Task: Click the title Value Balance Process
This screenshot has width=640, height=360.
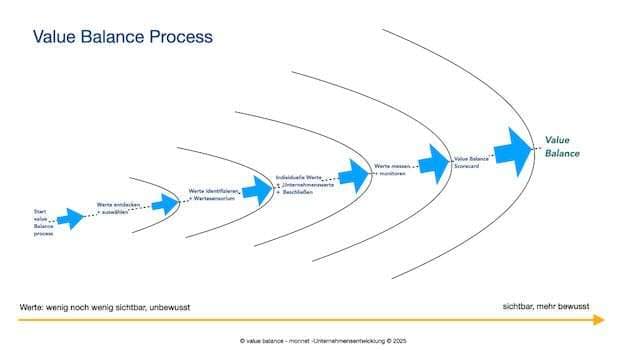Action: pos(122,37)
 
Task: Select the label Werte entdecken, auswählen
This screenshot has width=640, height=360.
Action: pos(115,208)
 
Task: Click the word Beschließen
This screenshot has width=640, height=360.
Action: pos(299,192)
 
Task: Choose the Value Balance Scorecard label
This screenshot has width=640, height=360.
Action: pos(472,161)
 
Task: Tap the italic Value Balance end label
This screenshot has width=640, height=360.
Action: pos(561,147)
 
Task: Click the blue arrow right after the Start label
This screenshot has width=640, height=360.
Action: pos(71,218)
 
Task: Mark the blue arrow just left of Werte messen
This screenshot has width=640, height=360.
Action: pos(354,173)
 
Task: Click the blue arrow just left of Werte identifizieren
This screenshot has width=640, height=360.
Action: pos(166,202)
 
